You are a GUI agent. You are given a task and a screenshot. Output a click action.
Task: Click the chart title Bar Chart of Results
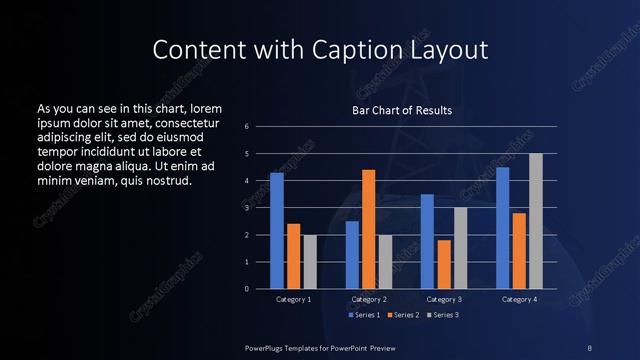(401, 110)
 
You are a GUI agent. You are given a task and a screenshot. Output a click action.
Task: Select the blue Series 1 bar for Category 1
(277, 231)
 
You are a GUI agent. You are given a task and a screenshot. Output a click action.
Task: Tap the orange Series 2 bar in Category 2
(368, 229)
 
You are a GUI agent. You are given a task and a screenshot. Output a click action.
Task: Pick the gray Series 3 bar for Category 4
(535, 221)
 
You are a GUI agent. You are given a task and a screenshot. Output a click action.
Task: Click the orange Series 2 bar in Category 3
(443, 264)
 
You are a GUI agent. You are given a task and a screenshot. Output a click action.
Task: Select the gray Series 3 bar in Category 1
(310, 262)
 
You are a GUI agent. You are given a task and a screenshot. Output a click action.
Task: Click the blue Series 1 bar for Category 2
(352, 255)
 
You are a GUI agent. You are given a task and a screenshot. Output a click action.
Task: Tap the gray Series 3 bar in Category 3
(460, 248)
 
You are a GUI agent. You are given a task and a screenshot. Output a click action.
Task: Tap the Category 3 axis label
(443, 299)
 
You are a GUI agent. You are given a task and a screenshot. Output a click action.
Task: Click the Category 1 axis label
(293, 299)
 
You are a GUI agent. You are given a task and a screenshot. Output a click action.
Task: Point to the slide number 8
(590, 347)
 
